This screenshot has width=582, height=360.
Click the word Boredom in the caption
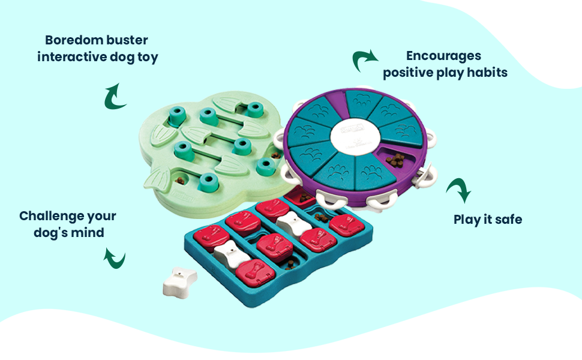click(x=73, y=41)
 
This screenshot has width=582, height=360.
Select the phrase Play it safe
click(x=487, y=220)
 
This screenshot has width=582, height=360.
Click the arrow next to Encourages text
click(x=365, y=60)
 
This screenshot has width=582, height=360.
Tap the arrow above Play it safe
click(x=459, y=191)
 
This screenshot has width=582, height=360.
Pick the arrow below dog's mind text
click(x=115, y=259)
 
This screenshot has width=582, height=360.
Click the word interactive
click(x=71, y=58)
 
